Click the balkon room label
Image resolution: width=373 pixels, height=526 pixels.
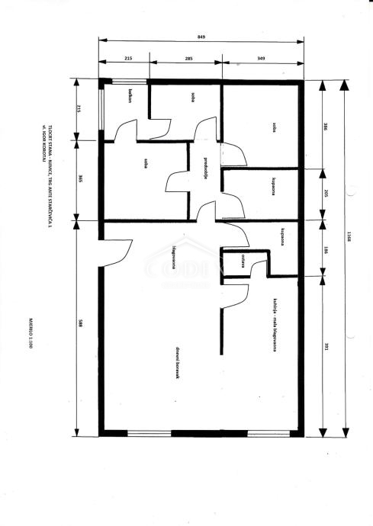tap(131, 95)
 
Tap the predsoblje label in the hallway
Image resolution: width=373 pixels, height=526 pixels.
tap(207, 170)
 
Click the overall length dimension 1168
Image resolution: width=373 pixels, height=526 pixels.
tap(347, 258)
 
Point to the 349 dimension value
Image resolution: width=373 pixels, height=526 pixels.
tap(262, 58)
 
